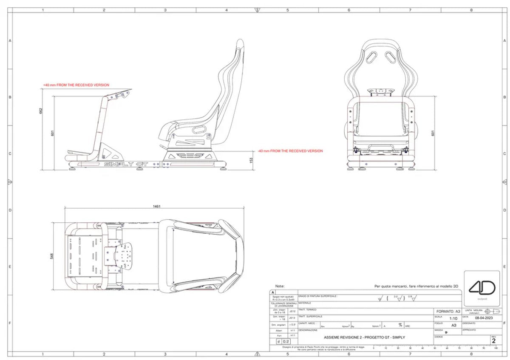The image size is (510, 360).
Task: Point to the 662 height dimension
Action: (41, 111)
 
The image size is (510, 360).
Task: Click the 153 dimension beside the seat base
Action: (251, 160)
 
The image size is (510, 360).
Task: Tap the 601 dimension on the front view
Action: (433, 133)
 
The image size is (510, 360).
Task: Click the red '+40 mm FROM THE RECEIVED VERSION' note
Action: (76, 85)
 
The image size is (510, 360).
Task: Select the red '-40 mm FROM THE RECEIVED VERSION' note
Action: (290, 151)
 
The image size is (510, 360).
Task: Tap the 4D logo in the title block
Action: (482, 289)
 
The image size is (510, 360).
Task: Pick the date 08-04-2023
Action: (483, 317)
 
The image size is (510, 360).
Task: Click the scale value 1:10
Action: (453, 318)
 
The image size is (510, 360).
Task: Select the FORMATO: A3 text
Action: (448, 311)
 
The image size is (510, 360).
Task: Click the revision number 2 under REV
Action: (493, 340)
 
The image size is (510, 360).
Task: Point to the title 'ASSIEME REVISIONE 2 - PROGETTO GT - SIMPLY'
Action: (364, 337)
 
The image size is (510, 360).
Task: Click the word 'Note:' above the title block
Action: (280, 286)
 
